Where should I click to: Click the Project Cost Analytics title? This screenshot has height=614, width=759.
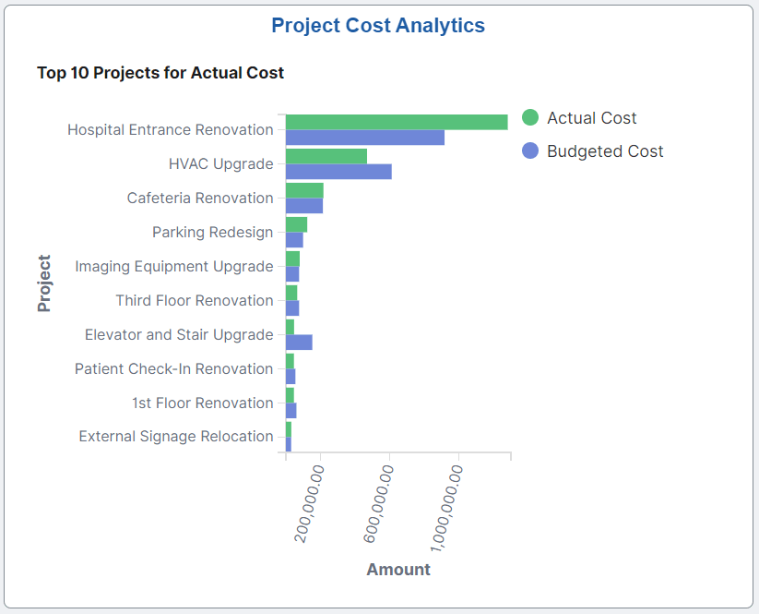pyautogui.click(x=378, y=26)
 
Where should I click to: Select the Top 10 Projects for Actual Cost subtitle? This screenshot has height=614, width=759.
pyautogui.click(x=160, y=72)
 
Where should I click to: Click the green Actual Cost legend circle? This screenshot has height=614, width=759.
pyautogui.click(x=529, y=117)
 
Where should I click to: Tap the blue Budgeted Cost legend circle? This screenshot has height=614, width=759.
pyautogui.click(x=529, y=150)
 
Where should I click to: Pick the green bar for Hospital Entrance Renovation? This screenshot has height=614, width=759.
pyautogui.click(x=397, y=122)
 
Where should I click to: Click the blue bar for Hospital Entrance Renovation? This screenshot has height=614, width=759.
pyautogui.click(x=364, y=138)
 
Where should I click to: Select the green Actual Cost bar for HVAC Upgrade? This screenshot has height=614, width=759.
pyautogui.click(x=326, y=156)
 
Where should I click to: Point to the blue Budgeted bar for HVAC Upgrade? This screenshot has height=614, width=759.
pyautogui.click(x=338, y=172)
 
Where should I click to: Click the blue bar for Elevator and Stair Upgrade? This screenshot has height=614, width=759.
pyautogui.click(x=299, y=343)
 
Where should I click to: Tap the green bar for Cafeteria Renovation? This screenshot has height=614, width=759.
pyautogui.click(x=304, y=190)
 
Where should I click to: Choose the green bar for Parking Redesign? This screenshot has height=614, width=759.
pyautogui.click(x=296, y=224)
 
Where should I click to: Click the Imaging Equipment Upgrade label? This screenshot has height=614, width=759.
pyautogui.click(x=174, y=266)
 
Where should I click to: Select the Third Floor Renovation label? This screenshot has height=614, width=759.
pyautogui.click(x=195, y=300)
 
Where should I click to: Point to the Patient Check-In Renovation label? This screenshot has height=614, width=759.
pyautogui.click(x=174, y=368)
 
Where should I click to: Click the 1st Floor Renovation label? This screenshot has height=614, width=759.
pyautogui.click(x=202, y=403)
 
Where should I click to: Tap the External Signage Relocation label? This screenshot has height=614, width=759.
pyautogui.click(x=176, y=437)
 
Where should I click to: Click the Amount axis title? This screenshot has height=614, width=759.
pyautogui.click(x=398, y=570)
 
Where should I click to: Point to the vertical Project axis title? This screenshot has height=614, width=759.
pyautogui.click(x=44, y=283)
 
